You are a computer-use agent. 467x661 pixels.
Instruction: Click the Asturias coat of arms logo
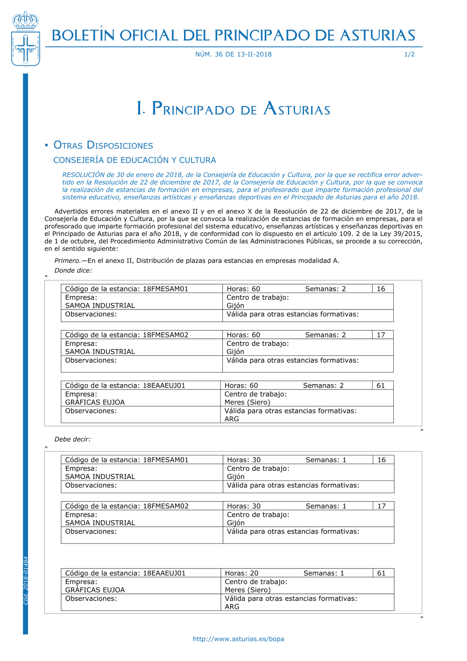[26, 40]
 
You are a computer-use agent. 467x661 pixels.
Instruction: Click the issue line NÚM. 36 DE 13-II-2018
[233, 54]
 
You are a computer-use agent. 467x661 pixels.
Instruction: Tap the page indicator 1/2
[409, 54]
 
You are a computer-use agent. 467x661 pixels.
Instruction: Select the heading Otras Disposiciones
[103, 145]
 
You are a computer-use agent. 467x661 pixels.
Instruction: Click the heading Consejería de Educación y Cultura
[134, 160]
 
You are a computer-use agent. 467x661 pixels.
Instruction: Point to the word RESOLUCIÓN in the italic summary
[83, 175]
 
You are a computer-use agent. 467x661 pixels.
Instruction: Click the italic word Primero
[67, 261]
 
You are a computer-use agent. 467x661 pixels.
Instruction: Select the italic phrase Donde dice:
[73, 271]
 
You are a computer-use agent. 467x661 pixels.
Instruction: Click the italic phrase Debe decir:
[72, 439]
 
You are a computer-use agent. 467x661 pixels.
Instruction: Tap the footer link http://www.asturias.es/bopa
[238, 639]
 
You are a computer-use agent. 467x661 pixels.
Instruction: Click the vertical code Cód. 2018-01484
[26, 581]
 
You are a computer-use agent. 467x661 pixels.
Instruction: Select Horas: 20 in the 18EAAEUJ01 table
[241, 573]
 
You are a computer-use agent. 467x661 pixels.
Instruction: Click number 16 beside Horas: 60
[381, 289]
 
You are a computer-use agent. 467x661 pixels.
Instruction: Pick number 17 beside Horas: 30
[382, 506]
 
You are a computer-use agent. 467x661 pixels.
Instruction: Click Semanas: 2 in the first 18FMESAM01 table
[325, 289]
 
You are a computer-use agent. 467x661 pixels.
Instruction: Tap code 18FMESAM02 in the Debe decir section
[166, 506]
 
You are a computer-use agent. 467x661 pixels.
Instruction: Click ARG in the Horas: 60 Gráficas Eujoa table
[232, 419]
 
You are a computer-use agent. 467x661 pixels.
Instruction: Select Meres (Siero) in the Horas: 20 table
[248, 590]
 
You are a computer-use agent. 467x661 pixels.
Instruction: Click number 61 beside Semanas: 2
[381, 386]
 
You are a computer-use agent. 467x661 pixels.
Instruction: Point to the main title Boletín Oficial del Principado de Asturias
[233, 36]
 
